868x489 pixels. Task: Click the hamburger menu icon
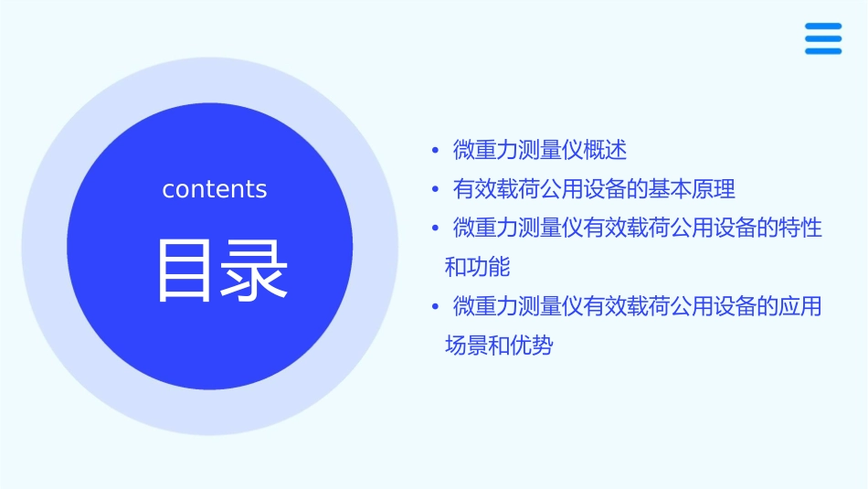tap(823, 38)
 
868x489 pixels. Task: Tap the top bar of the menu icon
tap(823, 26)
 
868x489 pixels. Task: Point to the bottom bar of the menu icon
tap(823, 51)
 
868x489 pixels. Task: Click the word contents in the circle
tap(215, 189)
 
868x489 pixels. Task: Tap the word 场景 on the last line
tap(466, 346)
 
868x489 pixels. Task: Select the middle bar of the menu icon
tap(823, 38)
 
